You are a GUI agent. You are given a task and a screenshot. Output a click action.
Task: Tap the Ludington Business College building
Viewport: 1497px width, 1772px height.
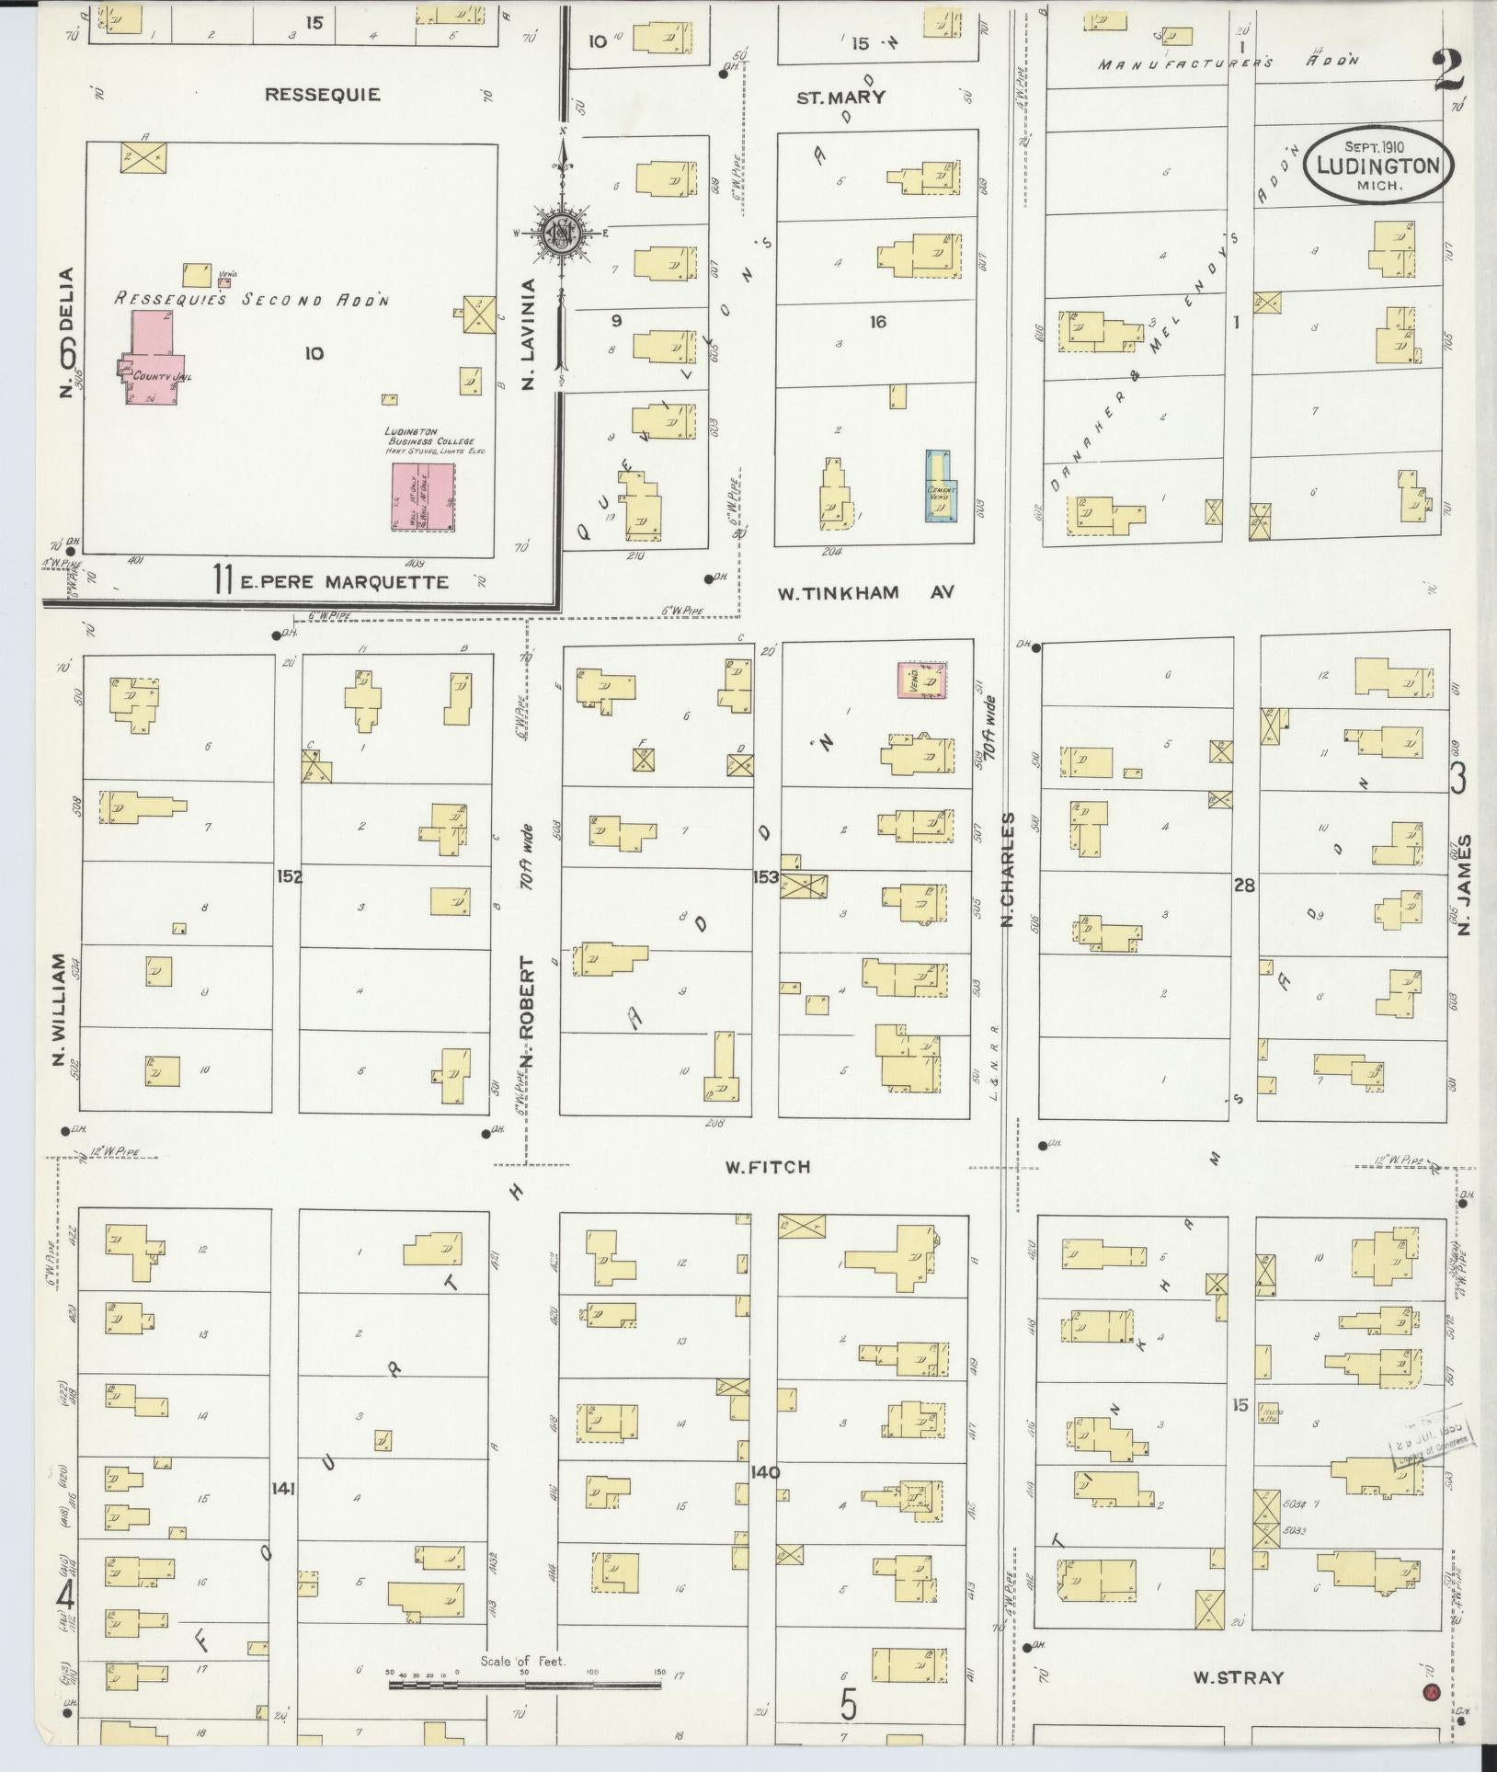click(x=423, y=496)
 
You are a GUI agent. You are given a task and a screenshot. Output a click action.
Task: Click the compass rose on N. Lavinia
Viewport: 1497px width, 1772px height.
click(x=558, y=234)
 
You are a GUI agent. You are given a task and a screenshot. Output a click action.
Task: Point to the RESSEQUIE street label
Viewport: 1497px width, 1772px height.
click(x=322, y=95)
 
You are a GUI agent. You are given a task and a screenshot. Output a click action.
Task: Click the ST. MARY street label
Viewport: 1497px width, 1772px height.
click(x=840, y=97)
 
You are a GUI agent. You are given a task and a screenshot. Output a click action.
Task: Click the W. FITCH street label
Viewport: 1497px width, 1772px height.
click(x=767, y=1167)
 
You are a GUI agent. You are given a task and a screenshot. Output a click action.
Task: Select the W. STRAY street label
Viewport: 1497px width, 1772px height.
click(x=1237, y=1677)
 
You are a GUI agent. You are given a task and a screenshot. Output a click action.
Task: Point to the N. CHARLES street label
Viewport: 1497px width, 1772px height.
click(x=1008, y=868)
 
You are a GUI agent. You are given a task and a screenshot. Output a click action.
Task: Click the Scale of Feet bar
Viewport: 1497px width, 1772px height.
click(x=524, y=1686)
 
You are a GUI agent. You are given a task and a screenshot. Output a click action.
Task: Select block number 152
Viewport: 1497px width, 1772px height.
click(x=290, y=876)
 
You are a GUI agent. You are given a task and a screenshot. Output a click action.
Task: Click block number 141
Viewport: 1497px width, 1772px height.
click(x=282, y=1487)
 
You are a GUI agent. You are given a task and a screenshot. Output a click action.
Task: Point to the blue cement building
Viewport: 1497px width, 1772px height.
click(x=939, y=487)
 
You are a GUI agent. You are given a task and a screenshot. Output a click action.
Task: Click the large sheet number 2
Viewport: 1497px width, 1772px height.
click(x=1448, y=70)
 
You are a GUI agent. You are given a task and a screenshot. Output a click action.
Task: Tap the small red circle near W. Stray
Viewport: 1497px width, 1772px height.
click(x=1429, y=1691)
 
